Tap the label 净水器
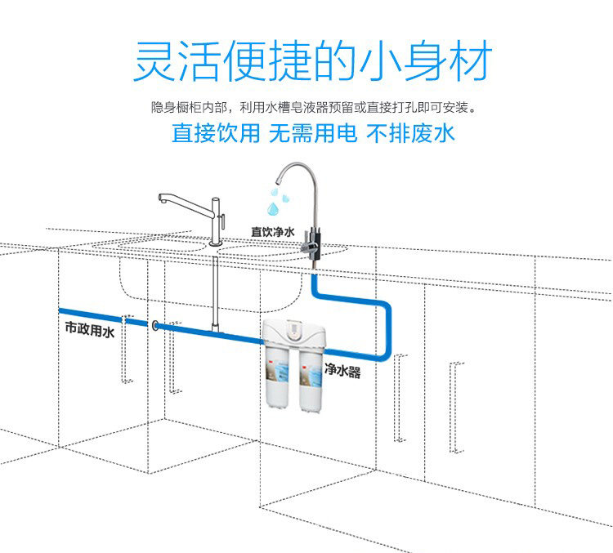coord(342,371)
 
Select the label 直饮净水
coord(272,231)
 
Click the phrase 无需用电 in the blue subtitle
coord(313,132)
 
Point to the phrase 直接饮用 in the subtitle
coord(216,132)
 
